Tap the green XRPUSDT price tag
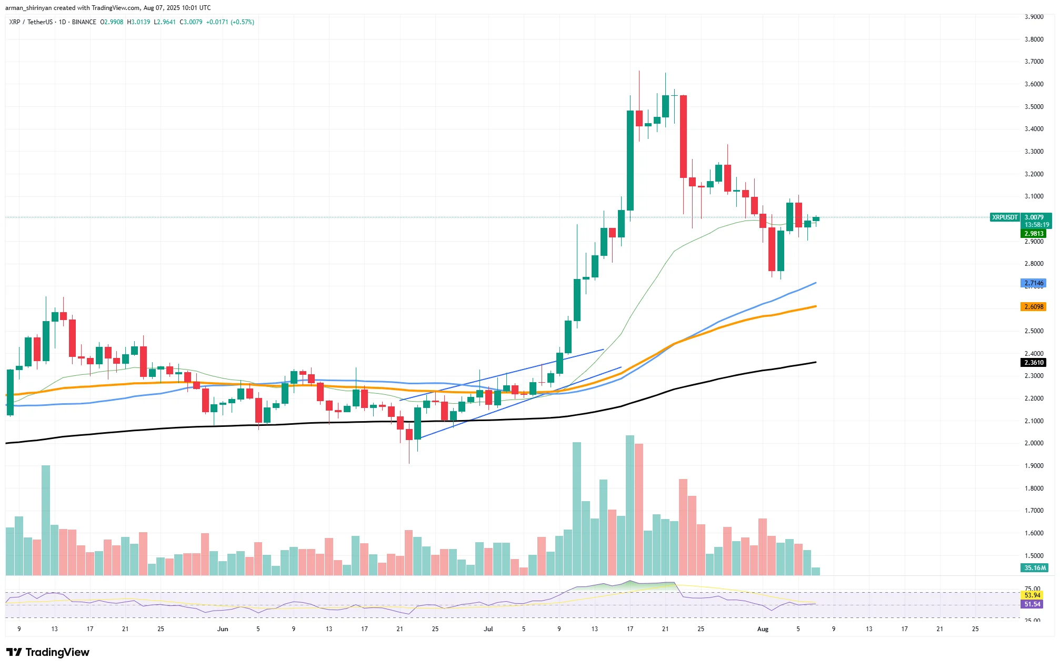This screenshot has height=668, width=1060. pos(1004,217)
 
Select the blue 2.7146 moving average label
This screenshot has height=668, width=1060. pos(1033,283)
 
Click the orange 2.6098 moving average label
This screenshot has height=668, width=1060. pos(1033,307)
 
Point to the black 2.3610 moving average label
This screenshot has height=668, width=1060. pos(1033,363)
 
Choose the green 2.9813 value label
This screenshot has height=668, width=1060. pos(1033,234)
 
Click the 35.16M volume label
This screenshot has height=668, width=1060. pos(1034,568)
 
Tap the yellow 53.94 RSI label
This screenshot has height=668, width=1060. pos(1032,595)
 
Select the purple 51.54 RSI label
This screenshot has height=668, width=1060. pos(1032,604)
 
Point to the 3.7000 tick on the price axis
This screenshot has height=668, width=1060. pos(1034,62)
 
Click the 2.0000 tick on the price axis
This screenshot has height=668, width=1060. pos(1034,443)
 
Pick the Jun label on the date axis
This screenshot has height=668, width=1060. pos(223,629)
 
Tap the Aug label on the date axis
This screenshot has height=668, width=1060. pos(763,629)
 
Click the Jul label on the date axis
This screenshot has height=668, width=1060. pos(488,629)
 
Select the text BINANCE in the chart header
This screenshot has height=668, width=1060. pos(84,22)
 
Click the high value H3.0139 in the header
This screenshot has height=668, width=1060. pos(138,22)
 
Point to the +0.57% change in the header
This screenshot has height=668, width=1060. pos(242,22)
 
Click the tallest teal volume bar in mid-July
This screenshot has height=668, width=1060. pos(630,505)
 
